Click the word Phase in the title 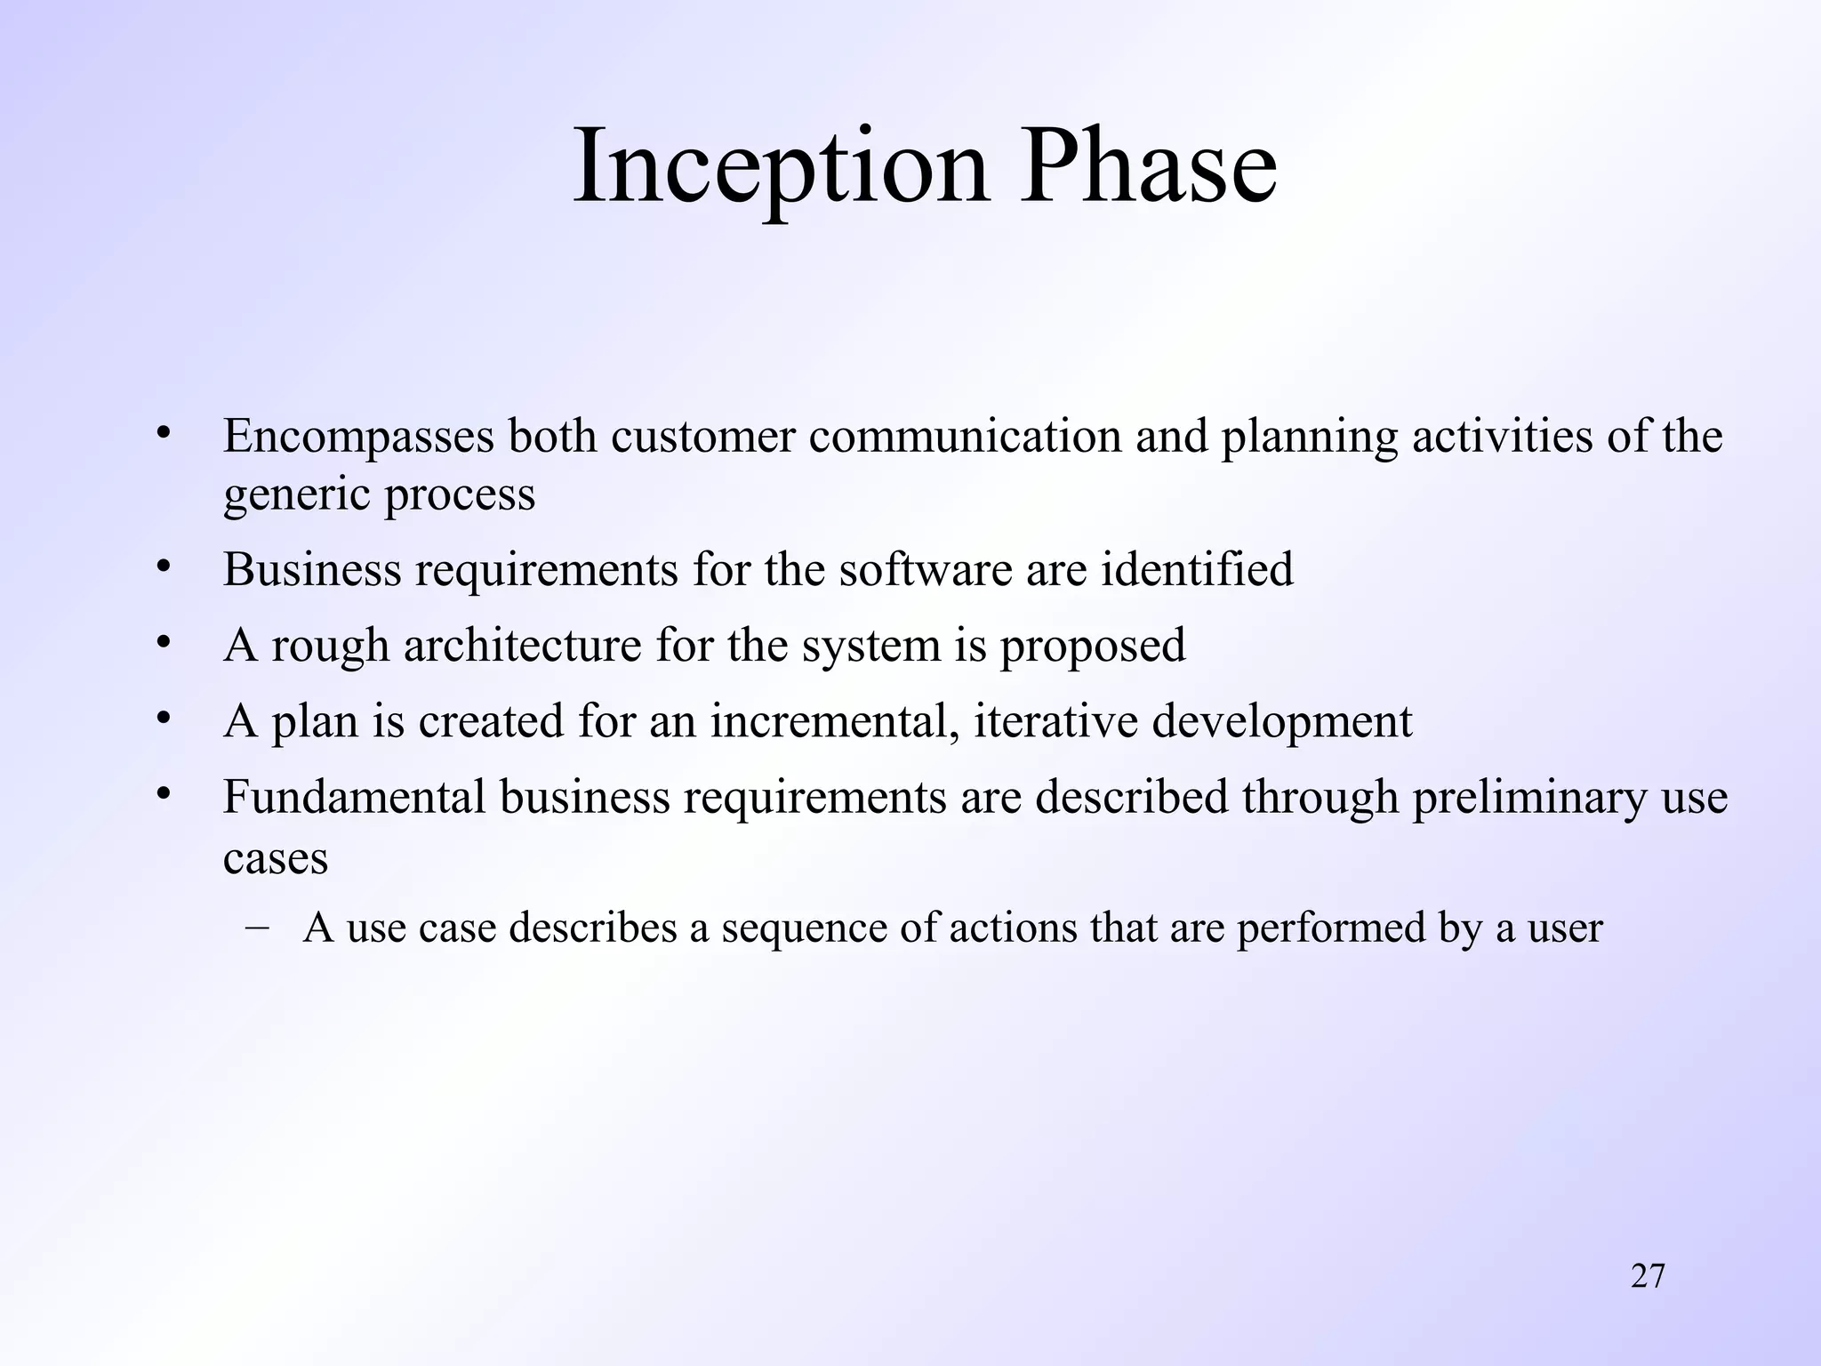pyautogui.click(x=1148, y=167)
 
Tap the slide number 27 pyautogui.click(x=1648, y=1275)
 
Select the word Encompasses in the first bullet pyautogui.click(x=357, y=438)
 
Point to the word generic pyautogui.click(x=296, y=496)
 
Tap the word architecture pyautogui.click(x=522, y=646)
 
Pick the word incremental pyautogui.click(x=834, y=721)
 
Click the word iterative pyautogui.click(x=1055, y=721)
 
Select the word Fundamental pyautogui.click(x=354, y=797)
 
